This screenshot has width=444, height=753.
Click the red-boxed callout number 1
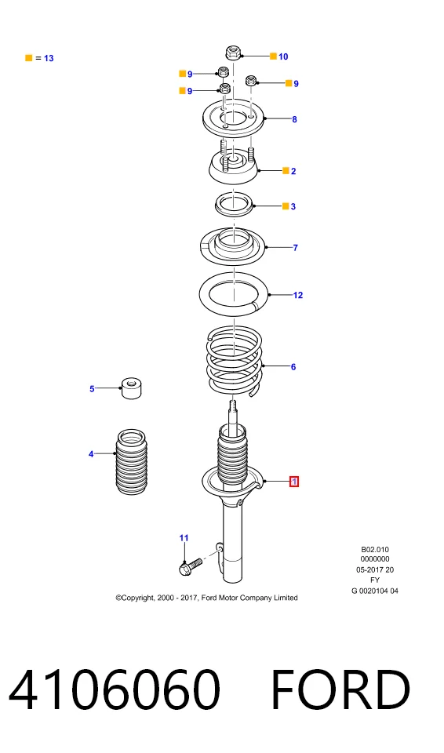point(293,481)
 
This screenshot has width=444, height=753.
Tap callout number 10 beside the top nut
point(283,56)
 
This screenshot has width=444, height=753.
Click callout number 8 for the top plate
point(294,119)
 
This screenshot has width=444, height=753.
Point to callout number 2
point(293,171)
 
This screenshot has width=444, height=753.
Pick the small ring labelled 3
point(234,204)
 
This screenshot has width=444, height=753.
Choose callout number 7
point(295,248)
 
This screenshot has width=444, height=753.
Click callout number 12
point(298,295)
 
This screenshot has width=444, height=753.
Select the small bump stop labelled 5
point(131,388)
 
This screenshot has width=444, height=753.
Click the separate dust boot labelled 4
point(131,460)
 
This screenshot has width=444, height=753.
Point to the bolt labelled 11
point(191,566)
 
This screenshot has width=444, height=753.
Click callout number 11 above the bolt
point(184,538)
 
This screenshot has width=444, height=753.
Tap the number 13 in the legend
point(49,58)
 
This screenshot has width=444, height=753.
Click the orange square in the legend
point(29,58)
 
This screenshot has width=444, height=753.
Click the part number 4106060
point(115,689)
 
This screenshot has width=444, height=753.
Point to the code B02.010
point(375,549)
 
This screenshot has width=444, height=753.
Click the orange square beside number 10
point(273,56)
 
